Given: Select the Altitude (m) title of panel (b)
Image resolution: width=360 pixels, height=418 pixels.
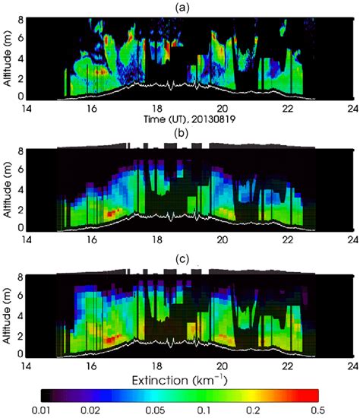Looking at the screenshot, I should point(8,184).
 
